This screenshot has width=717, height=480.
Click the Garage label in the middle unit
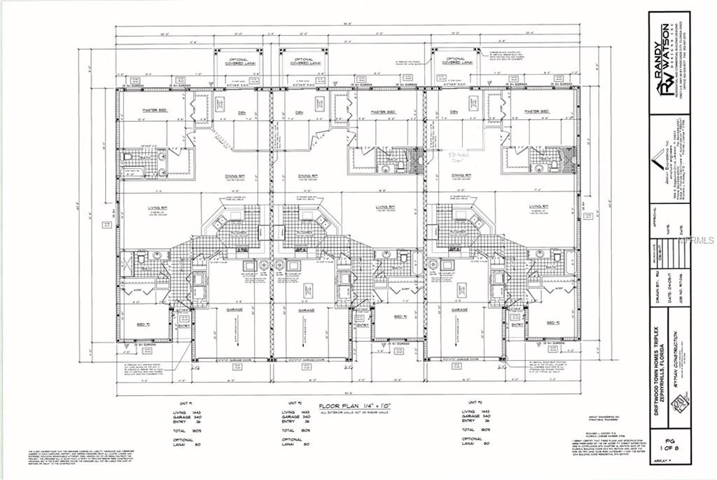(305, 309)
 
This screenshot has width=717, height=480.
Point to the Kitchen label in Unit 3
(459, 231)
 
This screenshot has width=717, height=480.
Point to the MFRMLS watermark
(696, 239)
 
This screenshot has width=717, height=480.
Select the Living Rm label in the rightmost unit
(539, 207)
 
